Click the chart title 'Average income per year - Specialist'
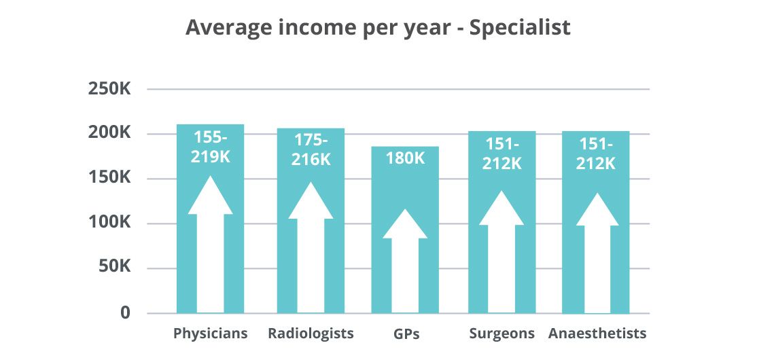tap(378, 28)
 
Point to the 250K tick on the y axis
tap(109, 89)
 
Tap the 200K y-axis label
tap(109, 133)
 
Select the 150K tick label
tap(109, 178)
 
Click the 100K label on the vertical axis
tap(109, 223)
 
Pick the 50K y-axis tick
tap(113, 268)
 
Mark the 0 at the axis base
tap(125, 313)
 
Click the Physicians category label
tap(210, 334)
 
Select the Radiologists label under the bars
tap(311, 334)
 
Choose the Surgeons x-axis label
tap(502, 334)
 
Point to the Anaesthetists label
tap(597, 334)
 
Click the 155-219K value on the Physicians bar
tap(211, 147)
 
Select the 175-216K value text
tap(311, 149)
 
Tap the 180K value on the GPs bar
tap(405, 158)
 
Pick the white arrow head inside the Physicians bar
tap(210, 197)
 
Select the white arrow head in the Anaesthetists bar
tap(597, 211)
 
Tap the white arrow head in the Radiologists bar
tap(311, 202)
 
